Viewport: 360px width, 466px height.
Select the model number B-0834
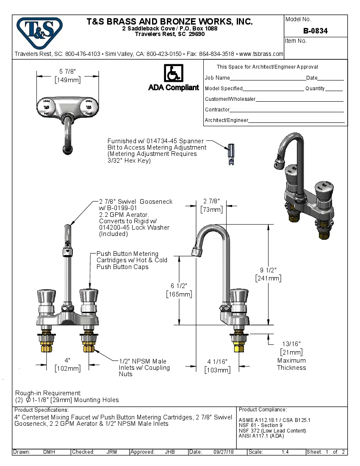point(315,31)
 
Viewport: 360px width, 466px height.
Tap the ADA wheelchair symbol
point(173,73)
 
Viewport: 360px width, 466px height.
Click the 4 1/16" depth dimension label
point(217,361)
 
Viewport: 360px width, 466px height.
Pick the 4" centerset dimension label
point(67,360)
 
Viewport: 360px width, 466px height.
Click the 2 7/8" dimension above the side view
point(211,201)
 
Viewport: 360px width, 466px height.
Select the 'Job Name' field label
point(217,78)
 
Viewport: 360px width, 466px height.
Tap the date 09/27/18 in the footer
point(224,452)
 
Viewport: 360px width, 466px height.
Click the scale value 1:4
point(285,452)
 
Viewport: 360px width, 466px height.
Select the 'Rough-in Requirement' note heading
point(48,393)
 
